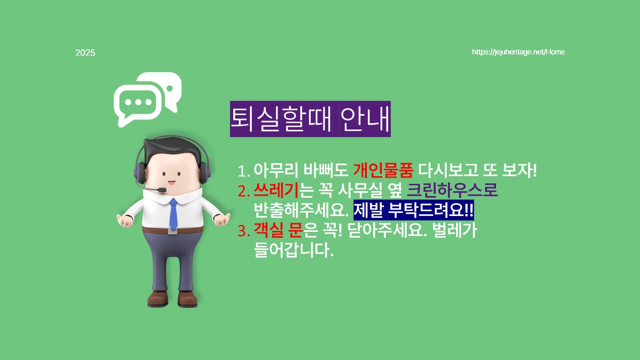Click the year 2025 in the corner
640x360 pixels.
(x=85, y=53)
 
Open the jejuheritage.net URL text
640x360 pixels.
(x=518, y=52)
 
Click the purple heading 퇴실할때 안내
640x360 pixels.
(x=310, y=119)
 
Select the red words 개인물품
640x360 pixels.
(x=383, y=170)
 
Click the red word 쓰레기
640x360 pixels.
(x=276, y=190)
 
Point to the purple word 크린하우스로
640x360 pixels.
(x=452, y=190)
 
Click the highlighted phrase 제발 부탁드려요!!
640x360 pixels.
(x=414, y=210)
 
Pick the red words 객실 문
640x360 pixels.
(x=278, y=230)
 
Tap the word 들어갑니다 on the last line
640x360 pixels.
(x=294, y=250)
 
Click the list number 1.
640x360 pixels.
(x=243, y=171)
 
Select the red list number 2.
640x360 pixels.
(x=244, y=191)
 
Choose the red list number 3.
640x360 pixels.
(x=244, y=231)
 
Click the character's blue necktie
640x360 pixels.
(x=173, y=214)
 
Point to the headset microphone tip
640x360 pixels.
(x=162, y=190)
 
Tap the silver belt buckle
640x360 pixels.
(x=172, y=231)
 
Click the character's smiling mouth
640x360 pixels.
(x=171, y=182)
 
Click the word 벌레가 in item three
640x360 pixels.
(x=455, y=230)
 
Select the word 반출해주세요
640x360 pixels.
(x=301, y=210)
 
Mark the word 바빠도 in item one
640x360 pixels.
(x=326, y=170)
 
